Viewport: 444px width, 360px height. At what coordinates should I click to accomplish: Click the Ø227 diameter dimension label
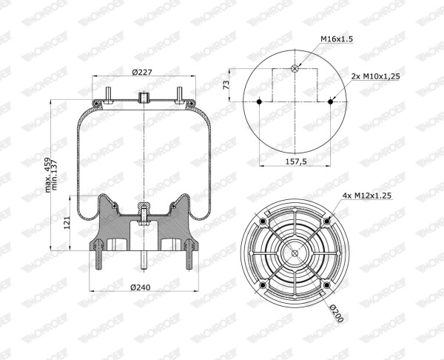coord(142,73)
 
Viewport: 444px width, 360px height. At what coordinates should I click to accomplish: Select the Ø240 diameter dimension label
coord(141,287)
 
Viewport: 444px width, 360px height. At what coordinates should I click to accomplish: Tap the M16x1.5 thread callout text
coord(337,39)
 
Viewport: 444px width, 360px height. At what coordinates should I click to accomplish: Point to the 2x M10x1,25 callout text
coord(375,76)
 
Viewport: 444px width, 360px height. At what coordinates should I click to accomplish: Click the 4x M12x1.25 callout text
coord(367,196)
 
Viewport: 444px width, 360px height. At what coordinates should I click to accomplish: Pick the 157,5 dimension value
coord(296,161)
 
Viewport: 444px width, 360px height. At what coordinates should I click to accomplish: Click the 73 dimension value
coord(226,84)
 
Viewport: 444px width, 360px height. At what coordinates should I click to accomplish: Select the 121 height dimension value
coord(67,223)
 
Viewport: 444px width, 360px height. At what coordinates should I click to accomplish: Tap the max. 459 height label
coord(48,175)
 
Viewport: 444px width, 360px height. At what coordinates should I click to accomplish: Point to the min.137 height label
coord(54,175)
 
